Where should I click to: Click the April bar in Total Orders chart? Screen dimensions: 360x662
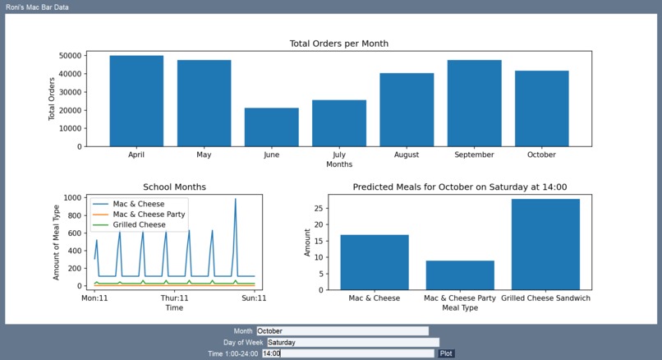point(136,101)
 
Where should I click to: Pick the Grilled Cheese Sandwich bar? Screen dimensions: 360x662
point(545,244)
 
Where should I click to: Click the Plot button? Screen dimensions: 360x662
point(446,353)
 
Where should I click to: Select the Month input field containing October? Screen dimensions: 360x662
point(342,331)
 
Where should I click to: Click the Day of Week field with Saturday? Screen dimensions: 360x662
point(352,342)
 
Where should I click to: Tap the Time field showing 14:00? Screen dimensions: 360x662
point(347,353)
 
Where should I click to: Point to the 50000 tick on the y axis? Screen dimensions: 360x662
point(69,56)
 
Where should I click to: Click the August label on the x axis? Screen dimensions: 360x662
point(406,155)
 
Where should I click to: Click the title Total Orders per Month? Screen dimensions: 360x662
point(338,44)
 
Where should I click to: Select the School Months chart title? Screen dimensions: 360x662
point(174,187)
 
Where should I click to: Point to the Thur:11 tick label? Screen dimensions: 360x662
point(174,298)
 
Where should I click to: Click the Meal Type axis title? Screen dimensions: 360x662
point(460,308)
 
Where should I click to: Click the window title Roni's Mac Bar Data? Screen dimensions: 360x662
point(37,7)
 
